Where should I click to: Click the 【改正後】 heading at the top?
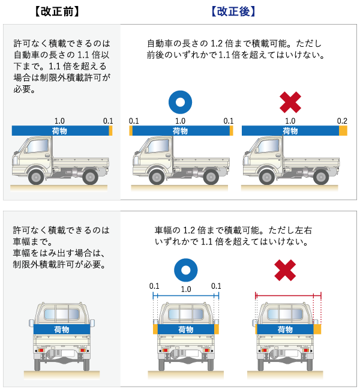tap(233, 11)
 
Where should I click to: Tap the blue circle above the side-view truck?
tap(180, 102)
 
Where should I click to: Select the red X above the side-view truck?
tap(290, 102)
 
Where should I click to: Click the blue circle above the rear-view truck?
tap(186, 270)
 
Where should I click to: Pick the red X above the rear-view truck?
tap(285, 270)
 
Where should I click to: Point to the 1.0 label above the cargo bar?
tap(59, 121)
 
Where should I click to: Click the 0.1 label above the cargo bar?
tap(108, 121)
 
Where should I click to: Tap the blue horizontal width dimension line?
tap(186, 295)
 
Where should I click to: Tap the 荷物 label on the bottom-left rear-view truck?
tap(61, 330)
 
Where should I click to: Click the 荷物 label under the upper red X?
tap(290, 131)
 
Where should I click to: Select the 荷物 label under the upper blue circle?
tap(180, 131)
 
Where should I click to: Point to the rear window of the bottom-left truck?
tap(61, 313)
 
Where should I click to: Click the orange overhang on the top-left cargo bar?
tap(110, 131)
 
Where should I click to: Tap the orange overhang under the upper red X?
tap(343, 131)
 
